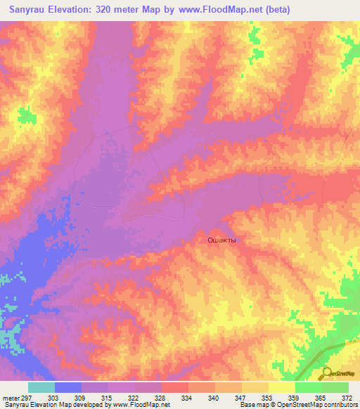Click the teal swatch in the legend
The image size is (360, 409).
pyautogui.click(x=41, y=387)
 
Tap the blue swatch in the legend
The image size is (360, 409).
pyautogui.click(x=68, y=387)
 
